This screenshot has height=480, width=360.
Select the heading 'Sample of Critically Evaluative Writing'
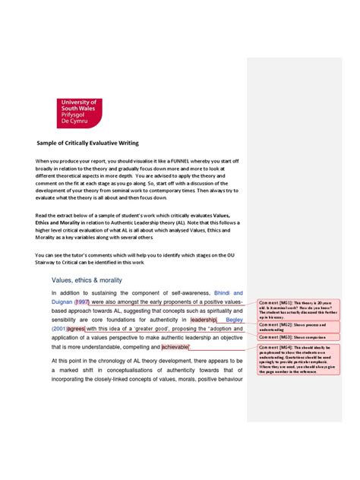pyautogui.click(x=88, y=142)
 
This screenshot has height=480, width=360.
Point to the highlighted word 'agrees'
pyautogui.click(x=75, y=329)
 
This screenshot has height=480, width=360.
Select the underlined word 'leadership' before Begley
pyautogui.click(x=204, y=320)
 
